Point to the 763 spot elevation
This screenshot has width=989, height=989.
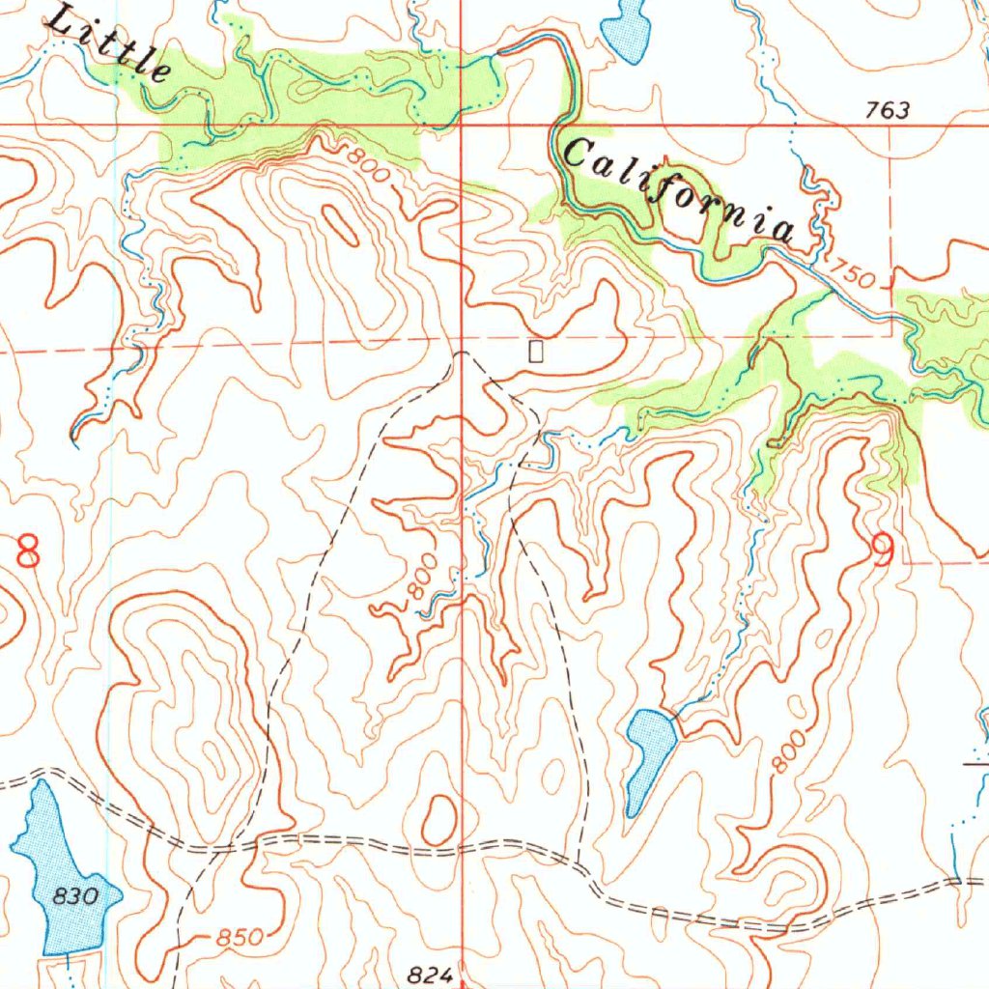[x=887, y=110]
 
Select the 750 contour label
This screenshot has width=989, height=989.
[x=852, y=274]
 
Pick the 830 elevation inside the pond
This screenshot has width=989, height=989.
[x=75, y=896]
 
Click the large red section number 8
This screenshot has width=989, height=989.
[x=28, y=551]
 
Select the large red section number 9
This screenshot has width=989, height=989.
[x=882, y=550]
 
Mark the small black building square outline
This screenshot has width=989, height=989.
[x=536, y=352]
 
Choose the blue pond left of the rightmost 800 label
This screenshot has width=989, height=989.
[x=649, y=753]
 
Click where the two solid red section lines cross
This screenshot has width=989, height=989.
[x=462, y=125]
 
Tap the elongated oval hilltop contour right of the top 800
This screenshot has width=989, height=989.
[x=340, y=225]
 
